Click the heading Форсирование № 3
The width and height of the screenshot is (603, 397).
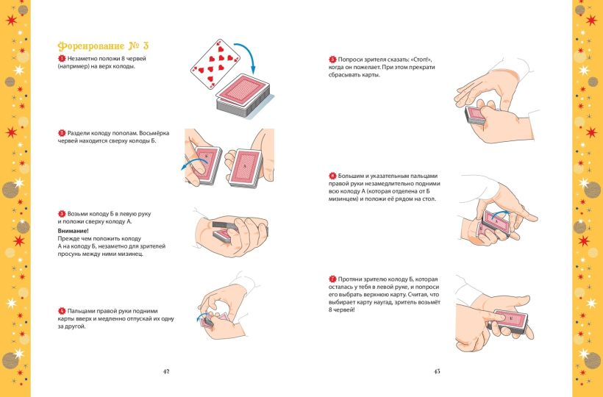(x=103, y=46)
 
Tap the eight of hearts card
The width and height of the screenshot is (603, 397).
(x=215, y=64)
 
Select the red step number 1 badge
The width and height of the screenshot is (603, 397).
(x=62, y=59)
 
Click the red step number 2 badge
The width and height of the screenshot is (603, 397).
(x=62, y=133)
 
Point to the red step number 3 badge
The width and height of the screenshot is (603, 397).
(x=62, y=214)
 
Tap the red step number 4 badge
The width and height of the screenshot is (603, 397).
(x=62, y=311)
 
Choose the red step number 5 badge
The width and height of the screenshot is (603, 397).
(x=332, y=60)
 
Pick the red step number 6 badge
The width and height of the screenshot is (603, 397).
(x=332, y=176)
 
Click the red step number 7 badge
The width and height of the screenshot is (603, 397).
(x=332, y=279)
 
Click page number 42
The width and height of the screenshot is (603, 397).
(x=166, y=371)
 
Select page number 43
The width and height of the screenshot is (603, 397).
(x=437, y=371)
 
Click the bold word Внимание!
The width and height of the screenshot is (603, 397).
(x=73, y=231)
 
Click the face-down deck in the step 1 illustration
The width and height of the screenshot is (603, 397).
(x=243, y=95)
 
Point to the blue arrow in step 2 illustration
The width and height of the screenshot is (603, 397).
(x=194, y=164)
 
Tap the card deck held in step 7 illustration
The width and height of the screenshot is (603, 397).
(x=508, y=321)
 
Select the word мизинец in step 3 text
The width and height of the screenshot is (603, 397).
(x=131, y=254)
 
